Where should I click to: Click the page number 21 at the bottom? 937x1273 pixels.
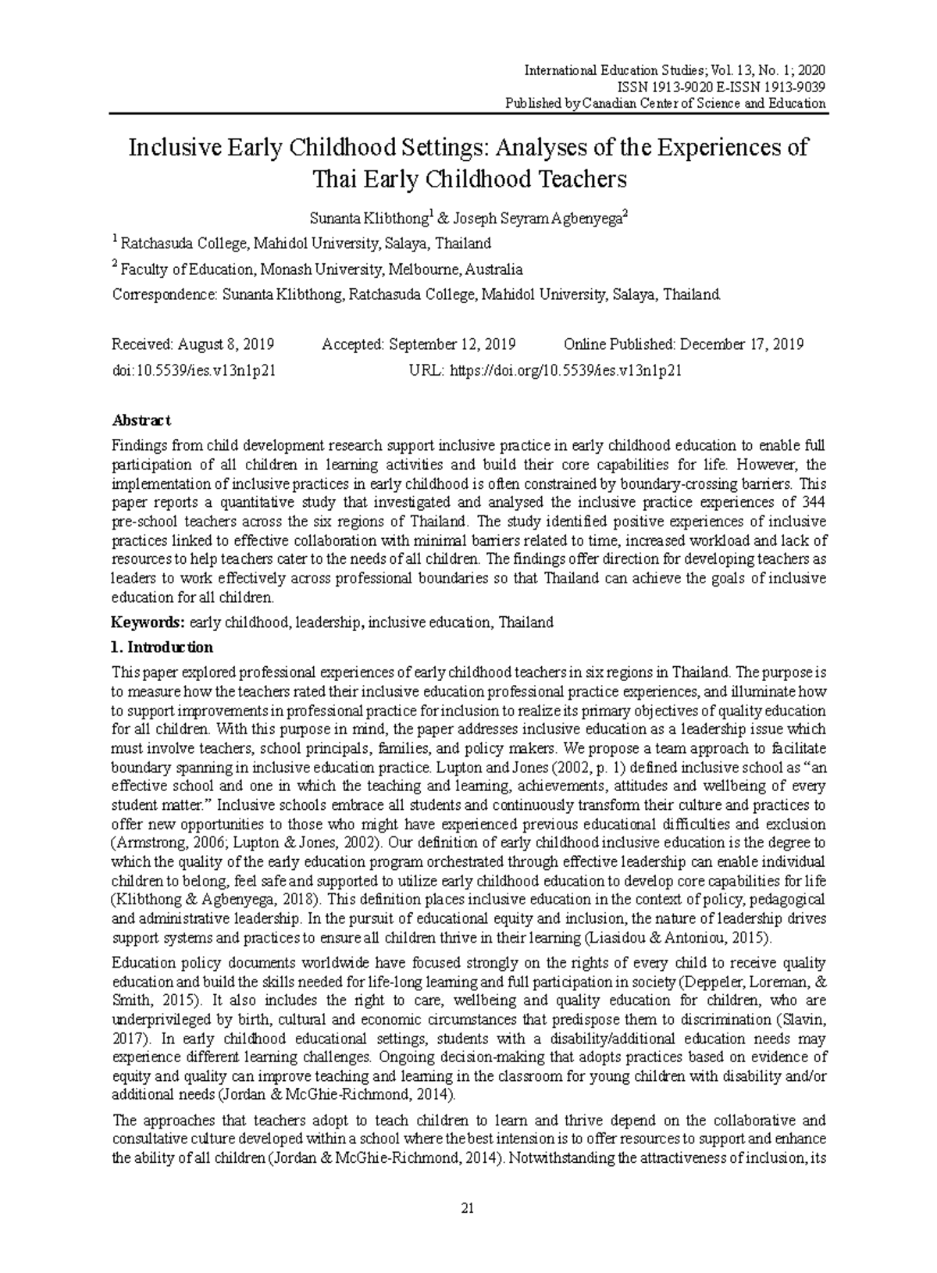pyautogui.click(x=468, y=1208)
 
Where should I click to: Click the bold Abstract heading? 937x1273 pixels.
pyautogui.click(x=141, y=420)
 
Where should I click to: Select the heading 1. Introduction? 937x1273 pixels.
pyautogui.click(x=162, y=647)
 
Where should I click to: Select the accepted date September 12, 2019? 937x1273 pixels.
pyautogui.click(x=451, y=344)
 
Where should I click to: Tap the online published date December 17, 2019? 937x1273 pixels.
pyautogui.click(x=741, y=344)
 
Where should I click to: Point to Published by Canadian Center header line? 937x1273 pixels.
pyautogui.click(x=665, y=103)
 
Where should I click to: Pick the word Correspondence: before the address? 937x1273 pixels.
pyautogui.click(x=164, y=295)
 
